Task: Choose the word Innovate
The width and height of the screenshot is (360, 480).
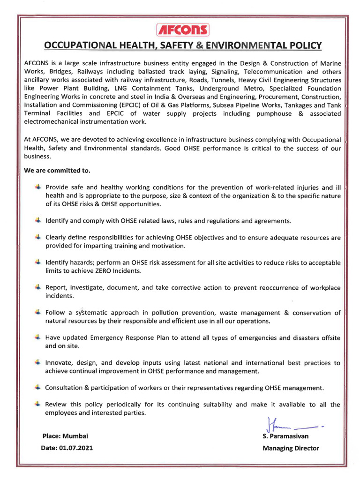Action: tap(60, 363)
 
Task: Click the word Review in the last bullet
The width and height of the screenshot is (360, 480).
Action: tap(56, 405)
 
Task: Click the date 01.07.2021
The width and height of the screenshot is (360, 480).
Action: tap(76, 448)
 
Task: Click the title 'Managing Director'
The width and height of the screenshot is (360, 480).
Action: tap(291, 448)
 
